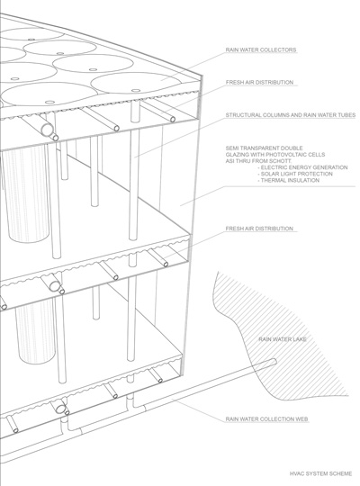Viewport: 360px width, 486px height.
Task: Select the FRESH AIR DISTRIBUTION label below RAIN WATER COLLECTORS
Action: pyautogui.click(x=259, y=82)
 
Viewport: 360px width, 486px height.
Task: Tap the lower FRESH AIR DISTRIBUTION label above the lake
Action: pyautogui.click(x=259, y=229)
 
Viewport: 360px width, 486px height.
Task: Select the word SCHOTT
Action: pyautogui.click(x=289, y=161)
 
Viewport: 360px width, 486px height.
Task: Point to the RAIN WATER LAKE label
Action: pyautogui.click(x=283, y=339)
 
